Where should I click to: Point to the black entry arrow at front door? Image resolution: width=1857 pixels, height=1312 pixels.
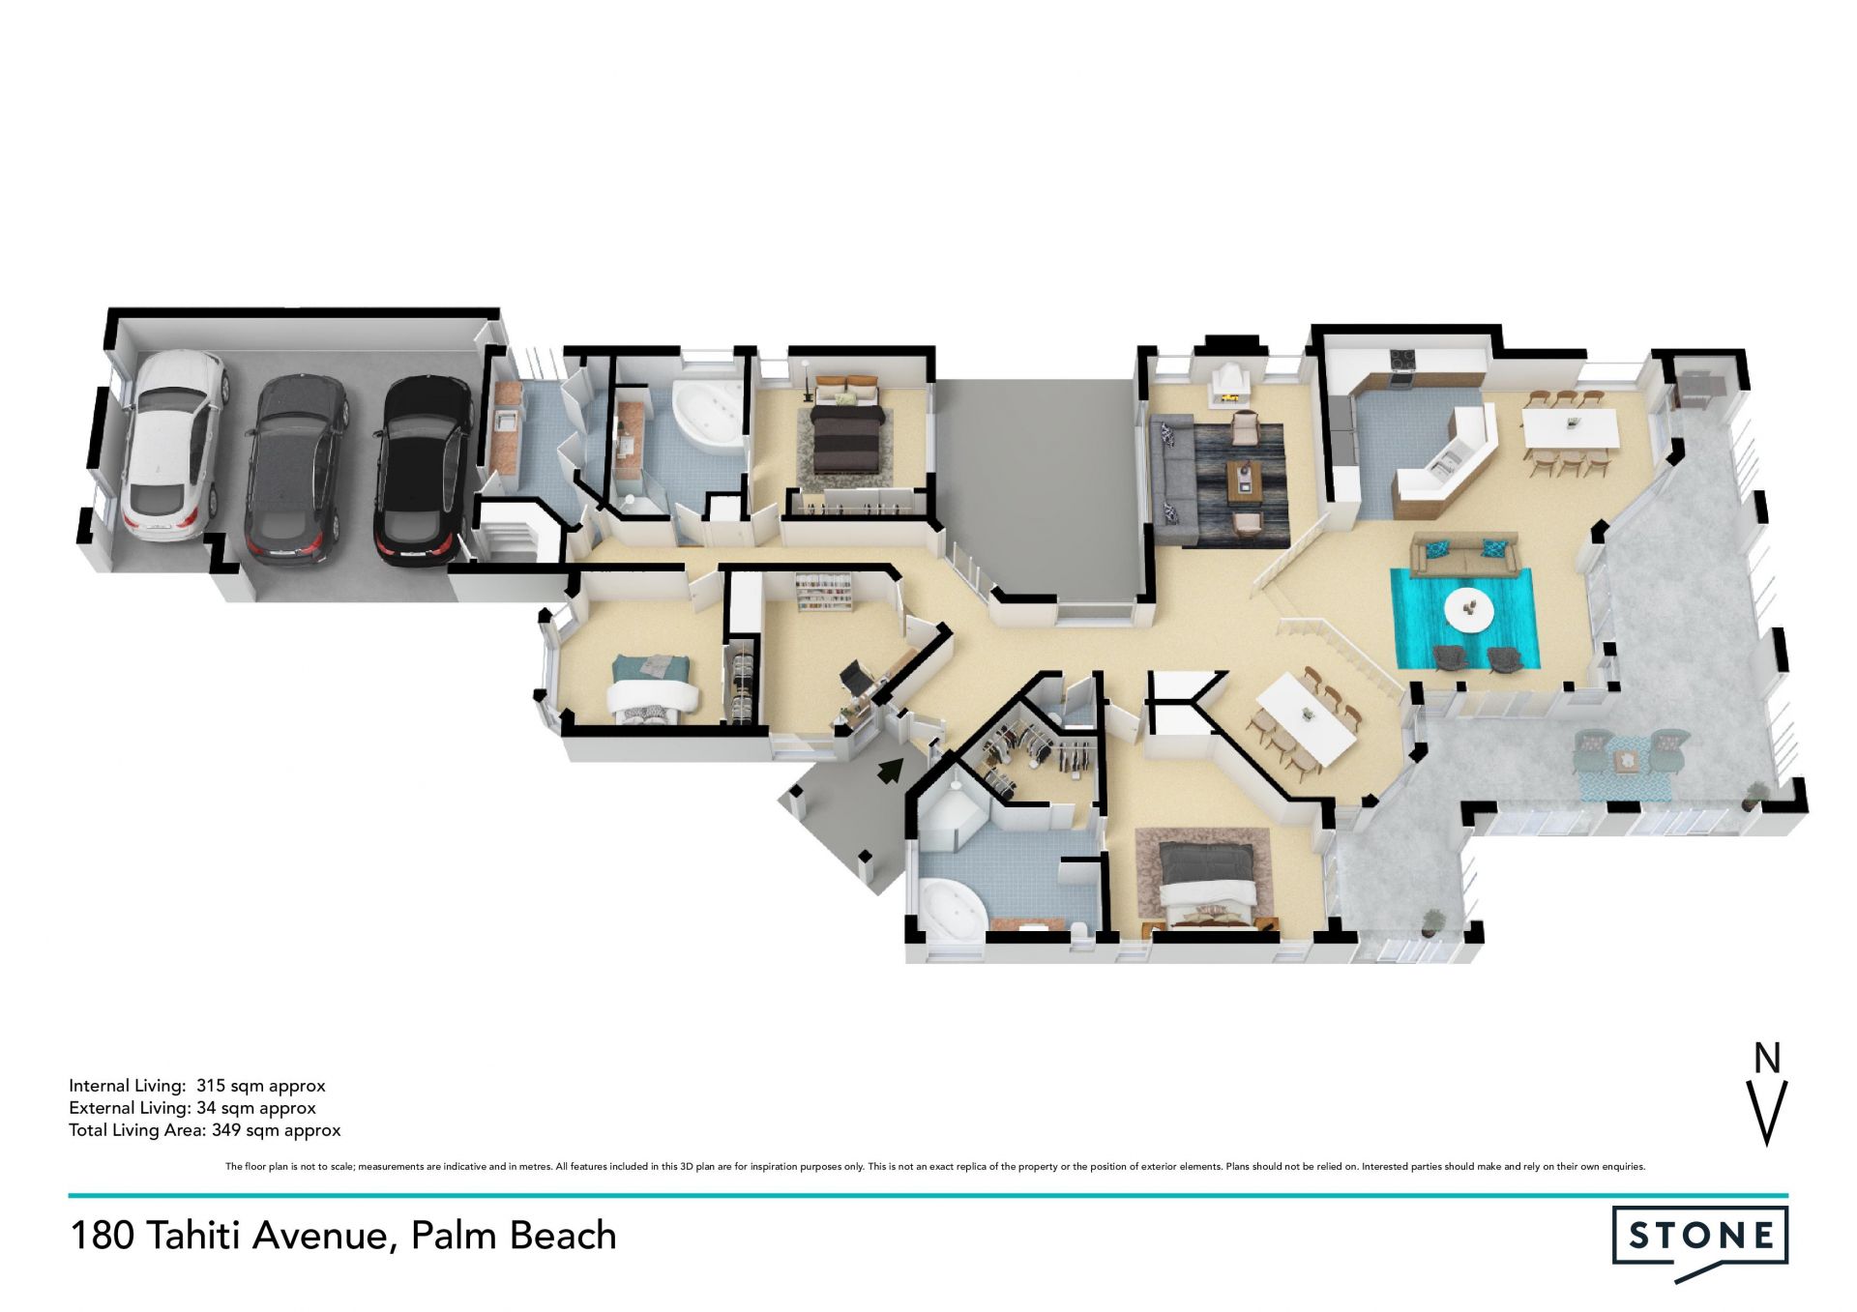pos(891,770)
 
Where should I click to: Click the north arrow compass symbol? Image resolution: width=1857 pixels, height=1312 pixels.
pos(1767,1093)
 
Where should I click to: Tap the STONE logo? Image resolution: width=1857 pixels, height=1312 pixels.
pos(1700,1242)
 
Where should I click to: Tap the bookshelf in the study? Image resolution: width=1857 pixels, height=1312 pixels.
pos(823,593)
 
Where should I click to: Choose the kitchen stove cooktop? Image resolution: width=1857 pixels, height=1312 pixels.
pos(1402,359)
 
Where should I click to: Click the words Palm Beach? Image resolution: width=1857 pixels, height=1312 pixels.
pos(514,1236)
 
